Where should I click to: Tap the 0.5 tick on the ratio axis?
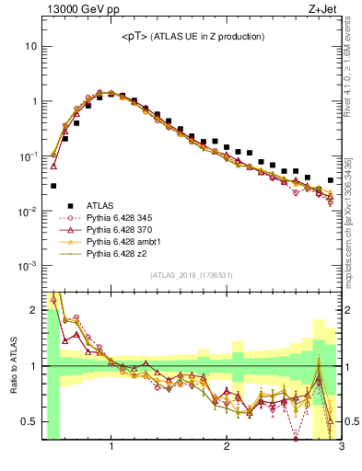tap(29, 421)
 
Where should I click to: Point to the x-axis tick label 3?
tap(341, 448)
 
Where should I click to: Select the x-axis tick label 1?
tap(111, 448)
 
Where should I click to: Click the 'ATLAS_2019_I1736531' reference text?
tap(191, 275)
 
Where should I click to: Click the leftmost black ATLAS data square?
tap(53, 186)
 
